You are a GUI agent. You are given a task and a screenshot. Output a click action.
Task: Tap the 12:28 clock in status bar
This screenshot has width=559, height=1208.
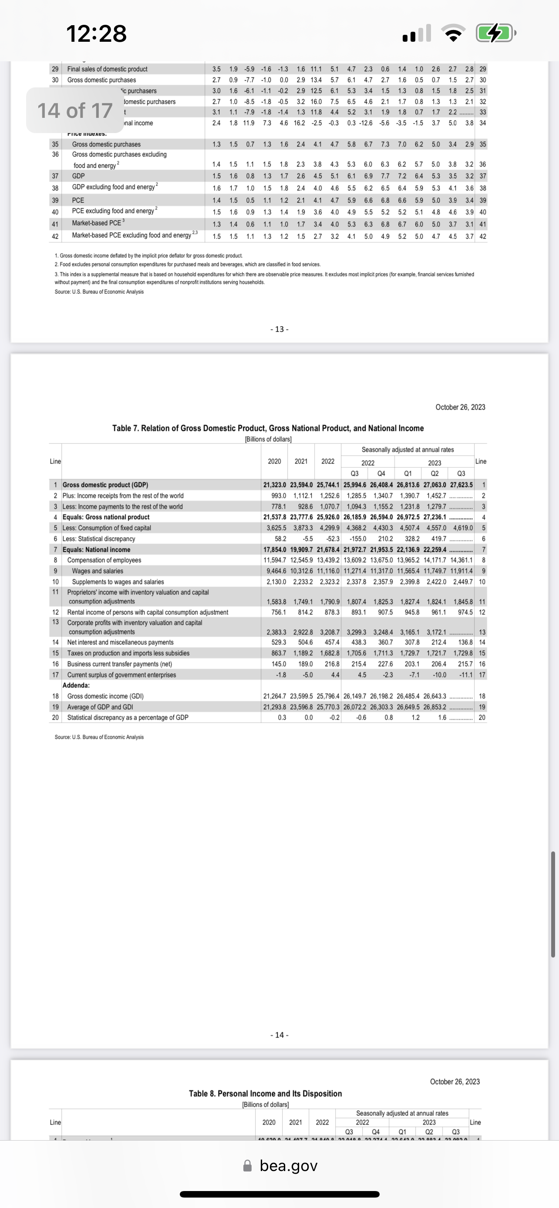96,34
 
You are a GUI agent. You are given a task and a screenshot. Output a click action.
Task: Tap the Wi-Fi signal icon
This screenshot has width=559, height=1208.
452,34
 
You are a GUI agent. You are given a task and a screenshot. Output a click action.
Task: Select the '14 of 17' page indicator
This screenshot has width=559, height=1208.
75,111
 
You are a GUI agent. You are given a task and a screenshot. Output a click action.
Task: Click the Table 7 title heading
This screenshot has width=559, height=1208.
268,428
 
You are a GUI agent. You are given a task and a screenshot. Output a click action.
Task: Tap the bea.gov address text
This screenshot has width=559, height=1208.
288,1166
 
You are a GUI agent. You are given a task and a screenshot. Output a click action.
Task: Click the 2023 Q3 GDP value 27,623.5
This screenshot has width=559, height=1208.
461,485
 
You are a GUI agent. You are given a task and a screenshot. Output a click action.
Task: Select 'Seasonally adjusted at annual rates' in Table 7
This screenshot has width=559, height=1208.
407,450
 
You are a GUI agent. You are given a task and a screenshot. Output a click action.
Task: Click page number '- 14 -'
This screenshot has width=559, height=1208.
279,1035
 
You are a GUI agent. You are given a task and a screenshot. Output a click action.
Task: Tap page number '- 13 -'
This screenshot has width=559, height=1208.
279,329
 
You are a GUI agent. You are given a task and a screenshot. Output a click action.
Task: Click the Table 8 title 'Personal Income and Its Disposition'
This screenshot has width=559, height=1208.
265,1094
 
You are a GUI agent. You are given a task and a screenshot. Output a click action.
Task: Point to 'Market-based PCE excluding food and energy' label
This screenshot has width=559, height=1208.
131,235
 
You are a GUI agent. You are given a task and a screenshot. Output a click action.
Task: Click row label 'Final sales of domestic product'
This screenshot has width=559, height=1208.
107,69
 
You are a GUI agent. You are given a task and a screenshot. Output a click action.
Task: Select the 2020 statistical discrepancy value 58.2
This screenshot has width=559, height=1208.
280,539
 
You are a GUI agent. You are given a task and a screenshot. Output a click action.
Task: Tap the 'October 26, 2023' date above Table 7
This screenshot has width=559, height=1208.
460,407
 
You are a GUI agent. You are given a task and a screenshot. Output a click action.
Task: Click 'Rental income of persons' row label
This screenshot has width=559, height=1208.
148,612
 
